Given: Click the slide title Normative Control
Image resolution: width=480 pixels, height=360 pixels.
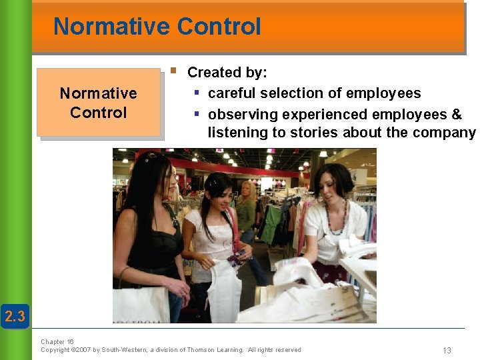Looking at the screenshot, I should click(x=157, y=27).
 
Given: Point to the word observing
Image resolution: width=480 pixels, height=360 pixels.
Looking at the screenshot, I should click(x=239, y=115).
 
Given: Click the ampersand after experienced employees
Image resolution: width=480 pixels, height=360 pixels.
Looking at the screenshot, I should click(x=457, y=115).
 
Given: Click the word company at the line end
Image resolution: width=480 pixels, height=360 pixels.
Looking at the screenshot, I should click(x=443, y=133).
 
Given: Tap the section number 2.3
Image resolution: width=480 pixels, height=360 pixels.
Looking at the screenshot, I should click(x=15, y=316).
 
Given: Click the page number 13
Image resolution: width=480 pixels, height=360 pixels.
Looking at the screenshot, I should click(x=447, y=351).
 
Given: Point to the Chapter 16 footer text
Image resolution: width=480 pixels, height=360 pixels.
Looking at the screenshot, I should click(x=57, y=341).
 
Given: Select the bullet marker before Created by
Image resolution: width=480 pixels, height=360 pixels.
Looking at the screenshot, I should click(x=173, y=69).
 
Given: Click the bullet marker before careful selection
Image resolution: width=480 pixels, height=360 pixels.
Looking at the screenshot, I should click(x=197, y=93).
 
